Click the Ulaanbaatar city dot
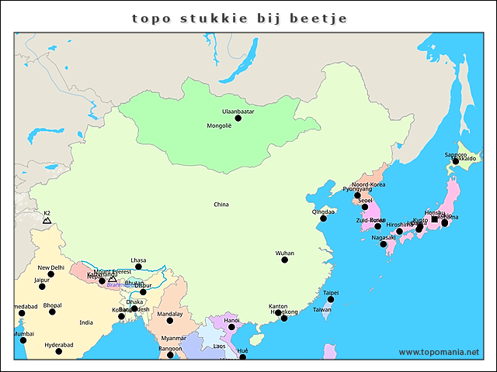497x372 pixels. point(238,118)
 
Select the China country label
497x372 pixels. point(221,205)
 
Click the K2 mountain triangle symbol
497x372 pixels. point(47,221)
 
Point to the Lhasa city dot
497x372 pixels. point(138,267)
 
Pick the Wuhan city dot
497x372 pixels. point(285,260)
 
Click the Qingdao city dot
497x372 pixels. point(324,219)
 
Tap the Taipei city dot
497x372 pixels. point(331,299)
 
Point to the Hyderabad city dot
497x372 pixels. point(58,351)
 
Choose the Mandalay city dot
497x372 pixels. point(170,320)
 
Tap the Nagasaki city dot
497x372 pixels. point(384,244)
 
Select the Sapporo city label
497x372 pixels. point(456,155)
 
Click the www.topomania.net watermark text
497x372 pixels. point(439,352)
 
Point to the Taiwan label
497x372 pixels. point(321,309)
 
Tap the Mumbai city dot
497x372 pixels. point(23,340)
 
